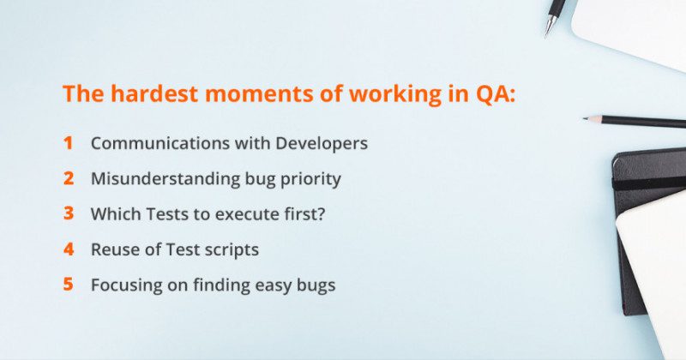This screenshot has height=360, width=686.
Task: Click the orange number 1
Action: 68,143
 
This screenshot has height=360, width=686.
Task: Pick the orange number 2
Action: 68,178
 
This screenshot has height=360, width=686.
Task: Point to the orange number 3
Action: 68,213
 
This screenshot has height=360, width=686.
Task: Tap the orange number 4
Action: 68,249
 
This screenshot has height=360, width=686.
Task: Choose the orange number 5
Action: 68,285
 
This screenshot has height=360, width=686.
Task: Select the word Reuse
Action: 112,249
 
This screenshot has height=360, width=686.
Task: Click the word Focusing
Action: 122,285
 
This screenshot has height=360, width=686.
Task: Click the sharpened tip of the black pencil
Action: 587,118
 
